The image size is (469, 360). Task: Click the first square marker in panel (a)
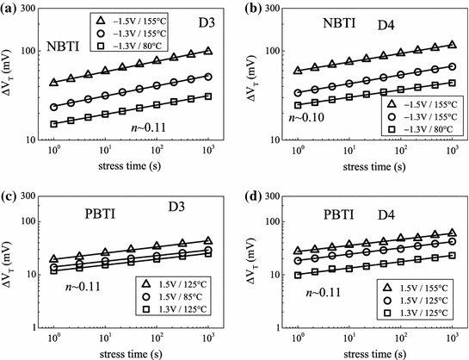[53, 124]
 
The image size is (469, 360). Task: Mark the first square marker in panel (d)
[299, 276]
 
